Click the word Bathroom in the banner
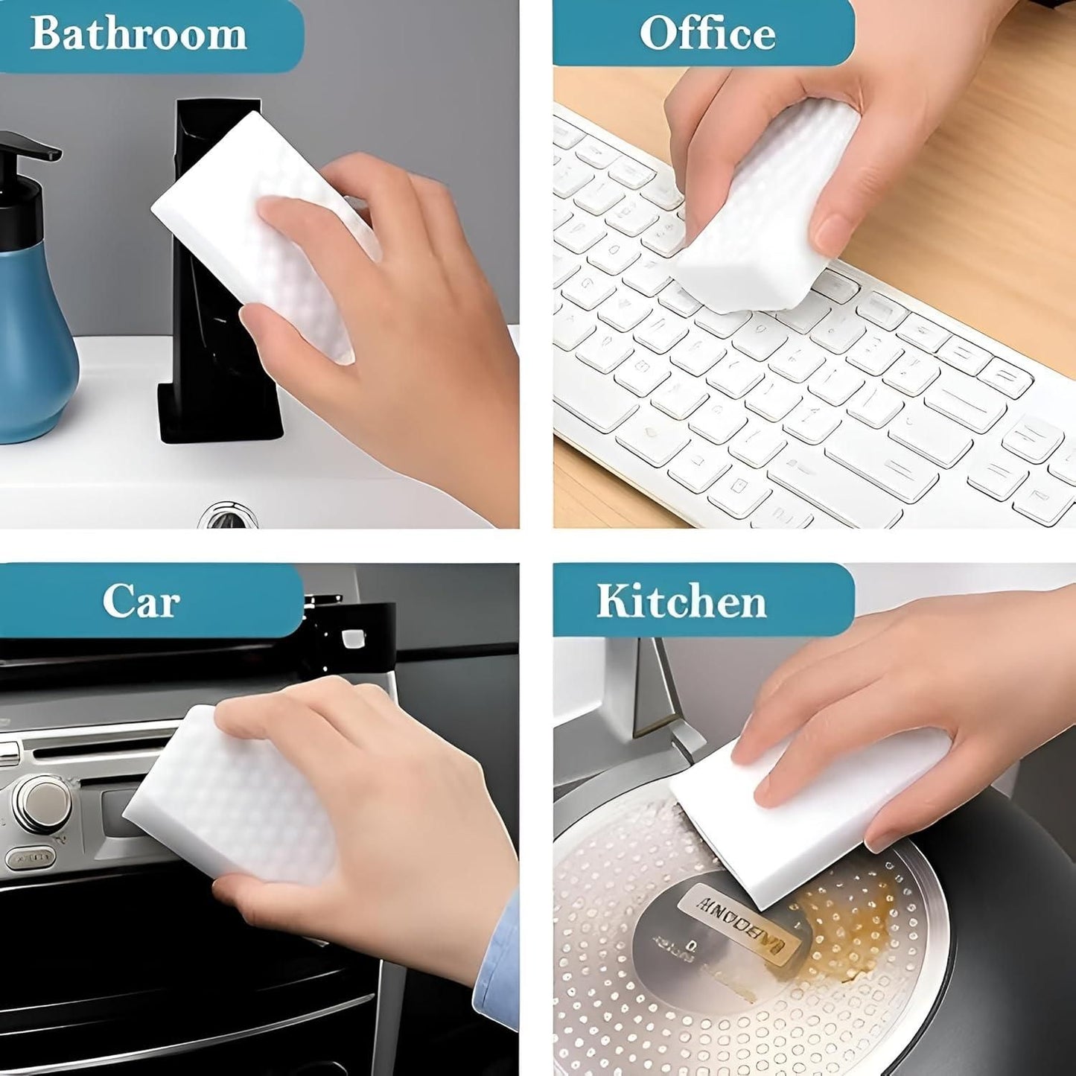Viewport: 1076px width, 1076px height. click(139, 34)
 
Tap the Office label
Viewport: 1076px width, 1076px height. click(707, 34)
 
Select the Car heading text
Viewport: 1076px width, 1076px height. click(141, 601)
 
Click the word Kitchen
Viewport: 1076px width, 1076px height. click(681, 602)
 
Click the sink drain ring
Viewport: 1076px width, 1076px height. click(228, 515)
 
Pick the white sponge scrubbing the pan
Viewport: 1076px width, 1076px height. click(804, 812)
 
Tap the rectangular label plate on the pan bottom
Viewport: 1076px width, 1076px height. click(741, 920)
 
